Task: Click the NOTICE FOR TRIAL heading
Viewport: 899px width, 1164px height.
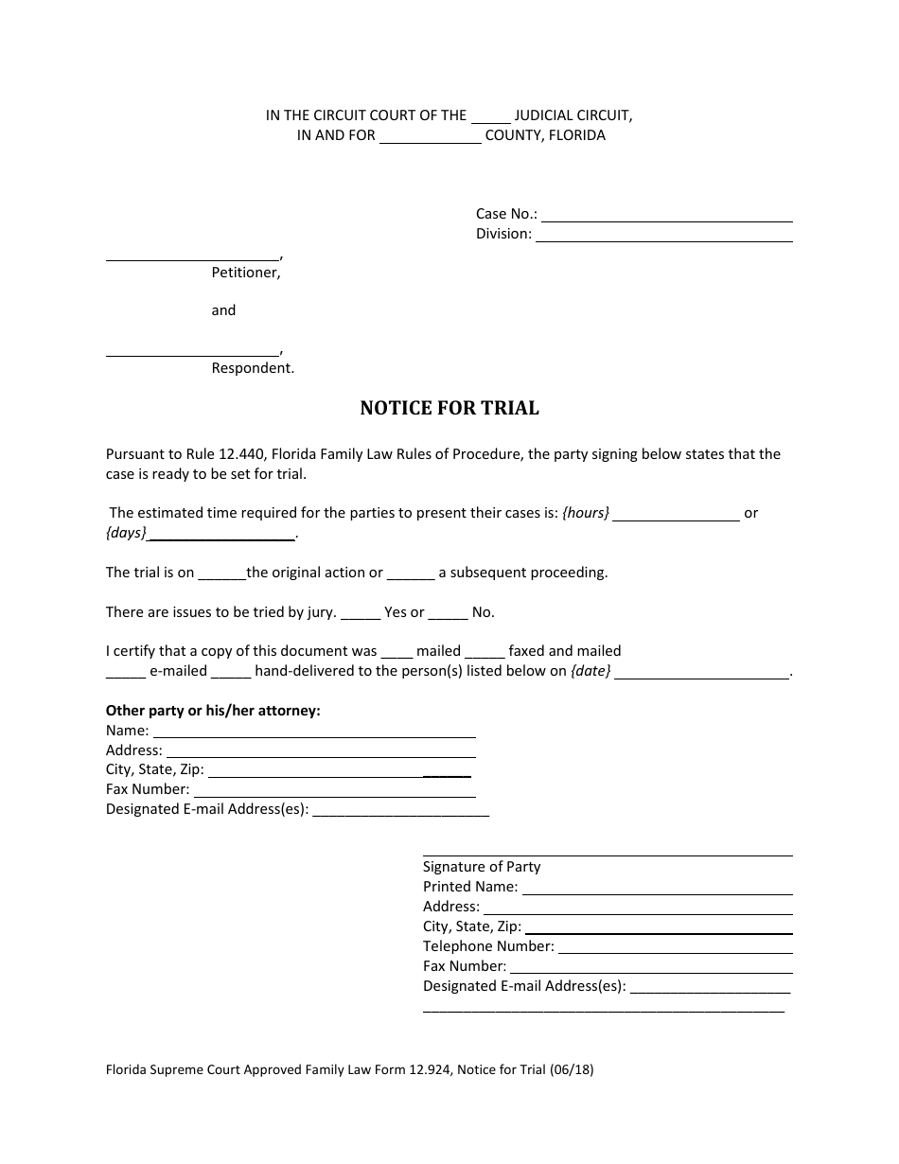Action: coord(449,409)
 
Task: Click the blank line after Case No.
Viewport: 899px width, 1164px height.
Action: coord(666,216)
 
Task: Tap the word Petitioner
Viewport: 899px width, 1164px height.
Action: coord(245,273)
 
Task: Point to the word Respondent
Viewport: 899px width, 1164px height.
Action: coord(253,368)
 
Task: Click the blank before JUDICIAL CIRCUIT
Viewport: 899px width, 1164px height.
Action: coord(490,117)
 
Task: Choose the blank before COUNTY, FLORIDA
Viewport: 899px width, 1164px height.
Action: coord(431,137)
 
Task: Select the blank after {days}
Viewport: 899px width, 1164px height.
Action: coord(221,535)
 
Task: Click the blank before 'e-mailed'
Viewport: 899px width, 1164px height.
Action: coord(125,673)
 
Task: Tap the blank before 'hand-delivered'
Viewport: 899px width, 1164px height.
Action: coord(230,673)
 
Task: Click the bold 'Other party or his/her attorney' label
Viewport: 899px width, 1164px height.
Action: coord(213,711)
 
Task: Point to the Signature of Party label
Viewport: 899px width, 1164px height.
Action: coord(482,866)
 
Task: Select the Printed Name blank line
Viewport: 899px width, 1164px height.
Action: coord(657,889)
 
